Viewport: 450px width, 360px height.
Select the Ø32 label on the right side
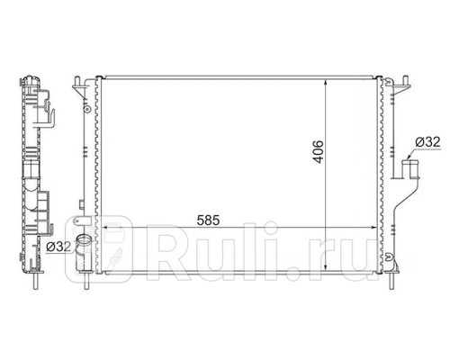point(427,142)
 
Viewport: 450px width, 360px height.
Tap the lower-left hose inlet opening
point(85,241)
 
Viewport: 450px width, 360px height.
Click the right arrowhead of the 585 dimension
point(376,229)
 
